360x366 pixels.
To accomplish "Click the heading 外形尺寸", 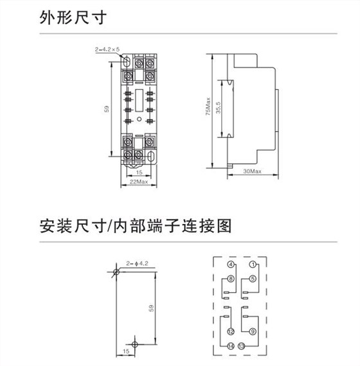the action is coord(73,17).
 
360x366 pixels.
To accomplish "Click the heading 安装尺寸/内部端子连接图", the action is coord(136,226).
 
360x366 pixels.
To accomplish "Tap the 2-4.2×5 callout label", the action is coord(107,49).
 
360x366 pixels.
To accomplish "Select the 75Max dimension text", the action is coord(208,107).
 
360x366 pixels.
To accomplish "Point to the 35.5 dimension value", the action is coord(218,108).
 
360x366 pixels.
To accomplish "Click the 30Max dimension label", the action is coord(252,171).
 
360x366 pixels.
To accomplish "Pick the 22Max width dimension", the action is coord(139,182).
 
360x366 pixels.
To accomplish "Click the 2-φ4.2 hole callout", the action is coord(137,263).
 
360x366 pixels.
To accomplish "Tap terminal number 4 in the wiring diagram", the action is coord(231,265).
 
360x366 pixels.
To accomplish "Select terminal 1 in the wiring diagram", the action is coord(253,265).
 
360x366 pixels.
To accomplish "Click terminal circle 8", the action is coord(231,279).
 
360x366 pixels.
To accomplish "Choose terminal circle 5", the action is coord(253,279).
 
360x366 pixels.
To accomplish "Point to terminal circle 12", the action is coord(231,331).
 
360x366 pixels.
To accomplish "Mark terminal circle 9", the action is coord(253,331).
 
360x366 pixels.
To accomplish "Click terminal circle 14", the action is coord(231,346).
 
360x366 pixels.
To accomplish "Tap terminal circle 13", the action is coord(241,346).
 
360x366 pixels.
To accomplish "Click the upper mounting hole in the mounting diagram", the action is coord(116,272).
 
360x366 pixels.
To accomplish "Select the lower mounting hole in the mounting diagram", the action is coord(134,344).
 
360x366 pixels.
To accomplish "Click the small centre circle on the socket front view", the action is coord(139,119).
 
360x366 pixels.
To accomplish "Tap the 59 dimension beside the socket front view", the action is coord(107,109).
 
